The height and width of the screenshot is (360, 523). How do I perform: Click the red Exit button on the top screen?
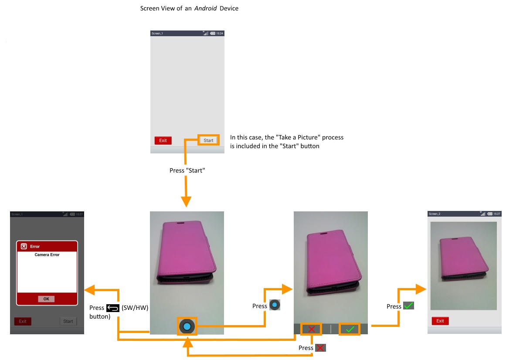coord(163,140)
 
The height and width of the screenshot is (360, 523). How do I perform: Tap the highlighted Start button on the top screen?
coord(208,140)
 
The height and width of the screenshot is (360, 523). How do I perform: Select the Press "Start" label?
coord(187,170)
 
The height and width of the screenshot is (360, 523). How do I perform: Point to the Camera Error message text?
coord(47,255)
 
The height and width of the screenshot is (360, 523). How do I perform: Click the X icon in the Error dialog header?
coord(24,246)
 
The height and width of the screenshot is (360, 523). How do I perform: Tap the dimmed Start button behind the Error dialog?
coord(68,321)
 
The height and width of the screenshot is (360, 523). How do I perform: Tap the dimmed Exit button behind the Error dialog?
coord(23,321)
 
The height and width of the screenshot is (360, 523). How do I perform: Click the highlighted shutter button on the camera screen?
coord(187,326)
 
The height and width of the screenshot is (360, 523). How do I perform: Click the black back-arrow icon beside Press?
coord(112,308)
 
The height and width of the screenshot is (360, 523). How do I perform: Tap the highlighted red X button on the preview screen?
coord(311,329)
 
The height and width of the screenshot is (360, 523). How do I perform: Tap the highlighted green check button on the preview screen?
coord(350,329)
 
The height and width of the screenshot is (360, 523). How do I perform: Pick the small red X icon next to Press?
coord(320,348)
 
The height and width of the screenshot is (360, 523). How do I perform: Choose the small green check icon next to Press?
coord(408,306)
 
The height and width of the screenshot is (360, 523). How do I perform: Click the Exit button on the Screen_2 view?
coord(440,321)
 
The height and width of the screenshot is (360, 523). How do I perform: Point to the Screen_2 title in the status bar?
coord(435,214)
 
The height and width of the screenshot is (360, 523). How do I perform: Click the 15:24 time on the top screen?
coord(220,33)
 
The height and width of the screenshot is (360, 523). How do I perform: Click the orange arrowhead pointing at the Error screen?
coord(90,289)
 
